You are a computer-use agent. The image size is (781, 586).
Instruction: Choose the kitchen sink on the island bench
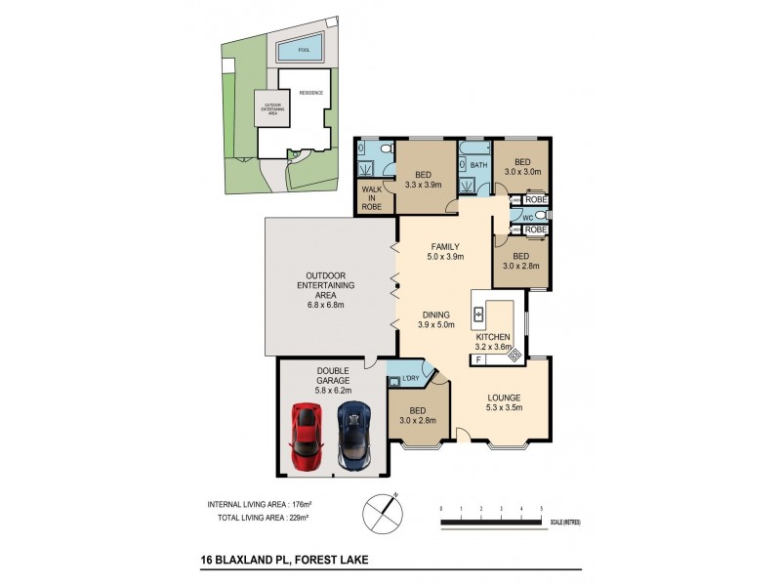(479, 314)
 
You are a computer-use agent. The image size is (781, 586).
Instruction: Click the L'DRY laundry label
(411, 376)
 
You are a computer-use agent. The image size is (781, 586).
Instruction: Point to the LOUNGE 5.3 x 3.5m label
(505, 403)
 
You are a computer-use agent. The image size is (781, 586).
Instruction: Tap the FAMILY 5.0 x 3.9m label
(445, 252)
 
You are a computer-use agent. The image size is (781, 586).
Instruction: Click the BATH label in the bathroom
(478, 166)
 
